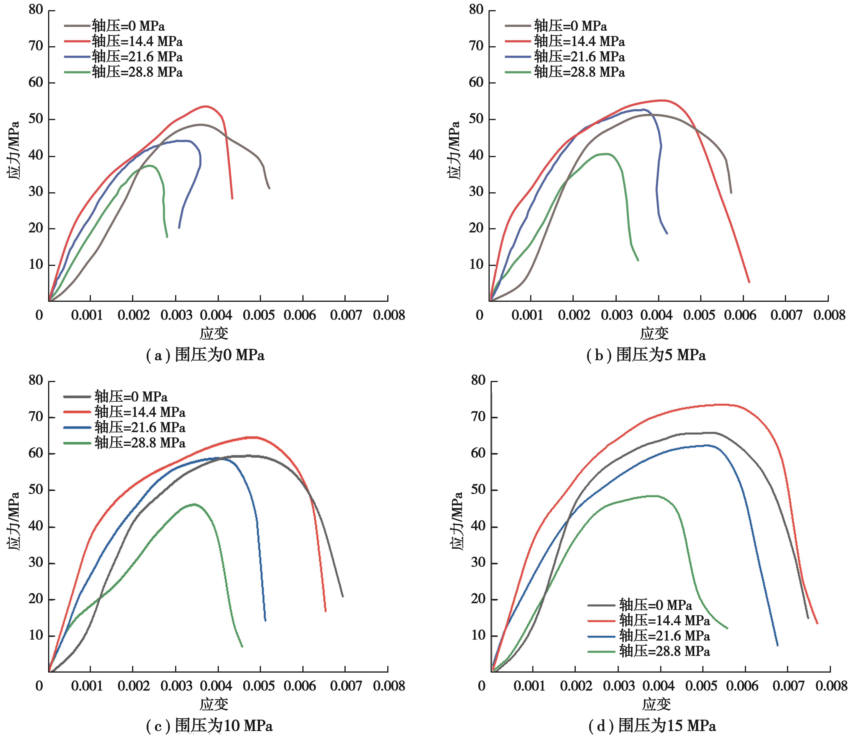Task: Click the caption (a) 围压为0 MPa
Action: (x=205, y=355)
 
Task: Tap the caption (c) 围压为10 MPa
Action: (x=209, y=726)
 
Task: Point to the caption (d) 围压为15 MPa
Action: (x=652, y=726)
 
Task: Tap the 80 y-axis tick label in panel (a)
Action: (x=36, y=10)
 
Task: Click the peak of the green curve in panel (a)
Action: (x=151, y=166)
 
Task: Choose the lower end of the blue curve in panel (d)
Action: (x=778, y=645)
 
